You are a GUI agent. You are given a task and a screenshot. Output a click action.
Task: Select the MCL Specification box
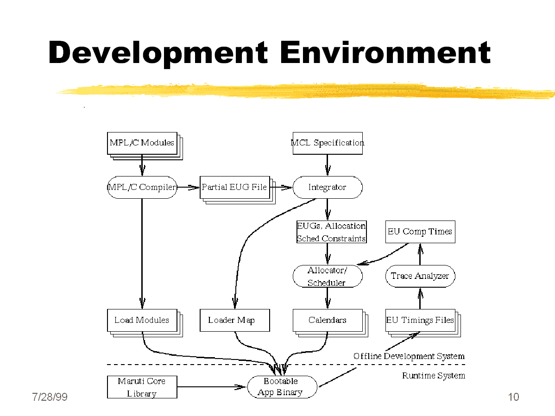[328, 143]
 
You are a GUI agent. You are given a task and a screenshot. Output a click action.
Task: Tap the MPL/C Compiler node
[142, 187]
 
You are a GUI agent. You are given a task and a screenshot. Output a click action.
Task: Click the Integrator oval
[328, 187]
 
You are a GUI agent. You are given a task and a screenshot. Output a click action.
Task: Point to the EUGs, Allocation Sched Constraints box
[331, 232]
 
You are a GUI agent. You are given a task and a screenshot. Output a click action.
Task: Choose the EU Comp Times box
[420, 232]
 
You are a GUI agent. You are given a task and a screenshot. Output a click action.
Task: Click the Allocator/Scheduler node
[328, 276]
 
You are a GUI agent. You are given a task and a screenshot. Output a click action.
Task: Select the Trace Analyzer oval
[420, 276]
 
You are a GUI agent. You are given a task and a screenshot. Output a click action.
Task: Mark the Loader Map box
[235, 321]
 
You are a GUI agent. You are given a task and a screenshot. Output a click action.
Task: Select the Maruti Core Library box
[142, 387]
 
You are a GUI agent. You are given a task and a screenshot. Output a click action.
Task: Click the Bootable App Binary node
[282, 387]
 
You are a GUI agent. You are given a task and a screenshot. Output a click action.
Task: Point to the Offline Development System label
[409, 356]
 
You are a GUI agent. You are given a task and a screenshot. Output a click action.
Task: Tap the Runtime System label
[434, 376]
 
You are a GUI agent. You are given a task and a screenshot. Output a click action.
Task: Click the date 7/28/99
[50, 397]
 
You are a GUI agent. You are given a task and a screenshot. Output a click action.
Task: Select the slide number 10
[514, 397]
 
